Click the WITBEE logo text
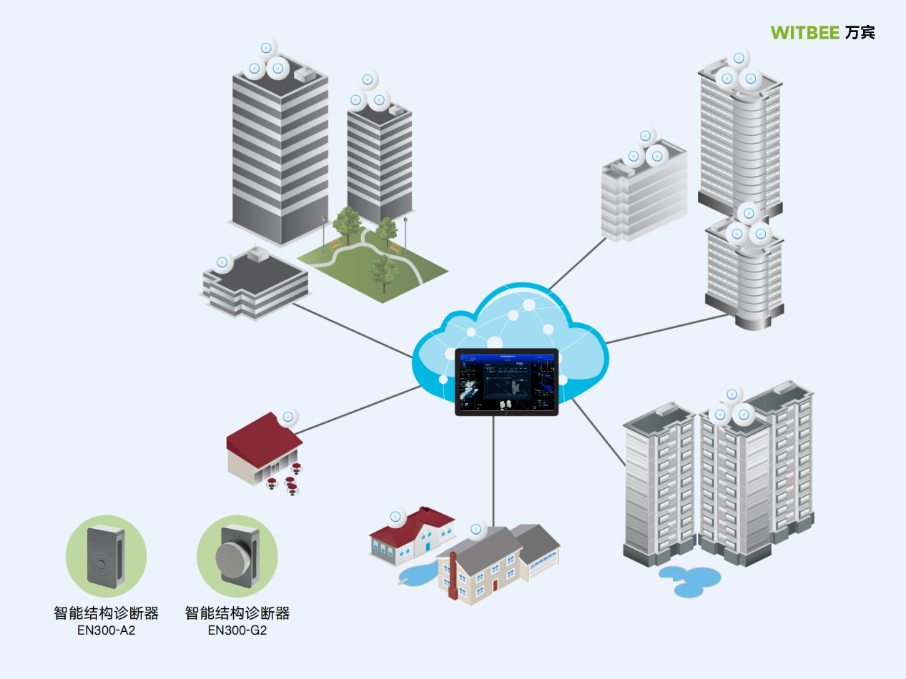point(805,33)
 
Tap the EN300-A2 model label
point(106,631)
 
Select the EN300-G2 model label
point(237,631)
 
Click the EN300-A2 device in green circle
point(106,557)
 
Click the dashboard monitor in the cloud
point(506,381)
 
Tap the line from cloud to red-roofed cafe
point(358,410)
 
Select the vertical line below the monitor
point(493,465)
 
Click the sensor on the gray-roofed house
point(476,530)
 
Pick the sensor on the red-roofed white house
point(395,517)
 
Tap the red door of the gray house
point(495,585)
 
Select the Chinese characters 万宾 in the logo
point(860,33)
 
